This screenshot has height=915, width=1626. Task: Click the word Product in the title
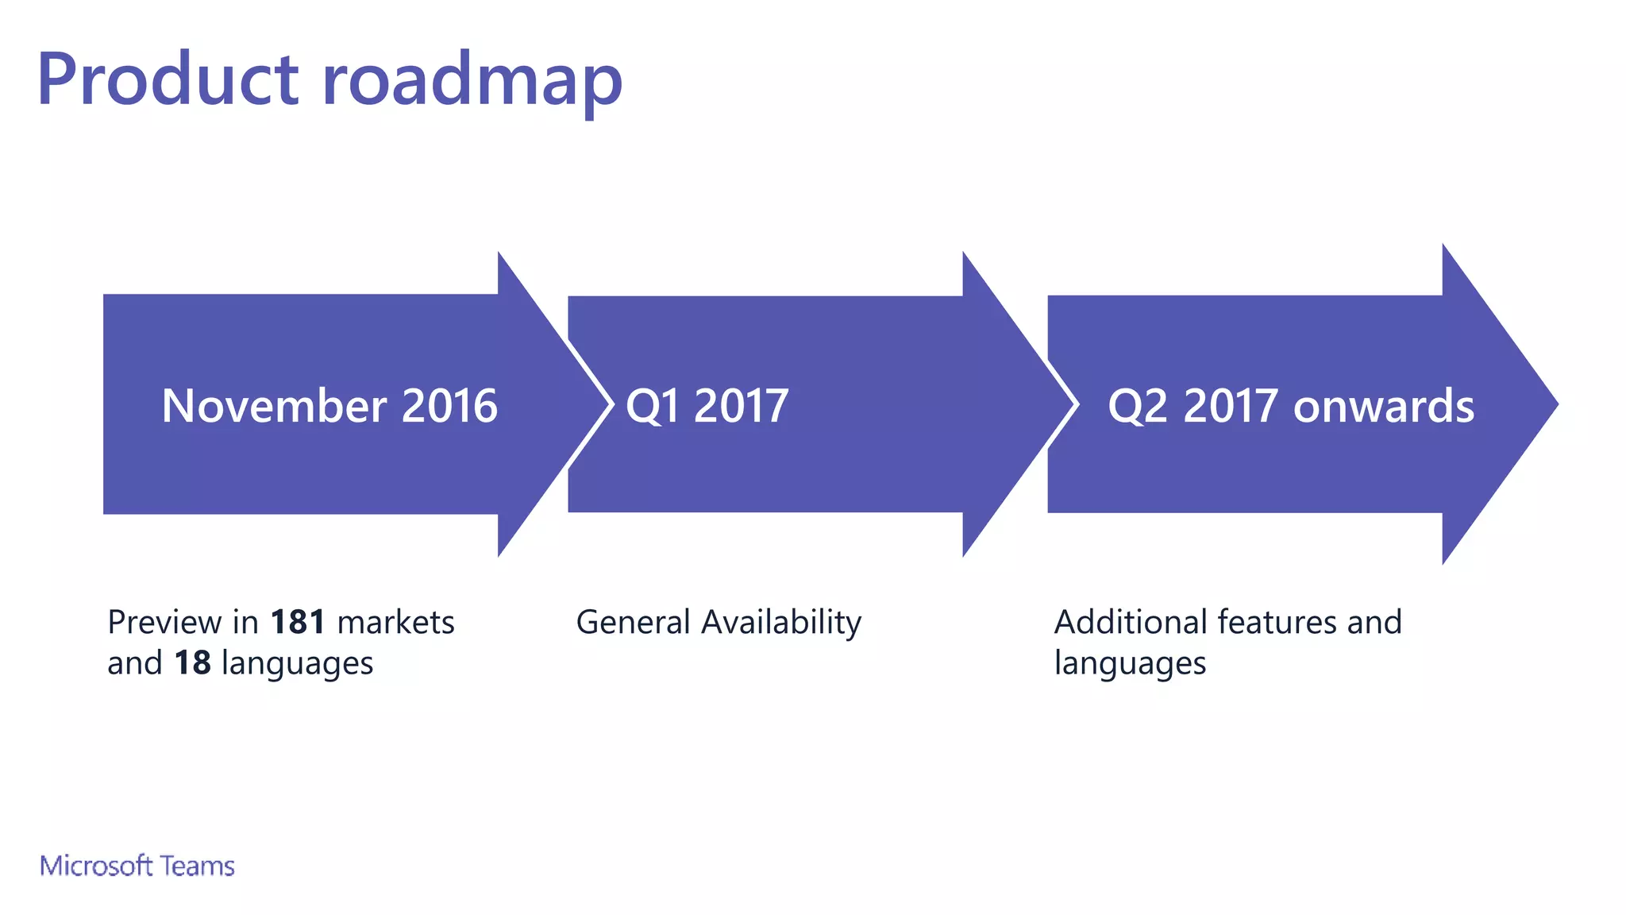point(168,79)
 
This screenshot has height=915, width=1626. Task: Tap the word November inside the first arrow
point(274,406)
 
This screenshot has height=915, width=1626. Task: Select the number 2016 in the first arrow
point(449,406)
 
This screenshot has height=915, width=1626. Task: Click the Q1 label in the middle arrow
point(653,406)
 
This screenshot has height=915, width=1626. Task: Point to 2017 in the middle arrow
point(741,406)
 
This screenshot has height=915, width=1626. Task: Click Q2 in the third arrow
point(1138,406)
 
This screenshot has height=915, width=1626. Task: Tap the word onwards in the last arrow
point(1383,406)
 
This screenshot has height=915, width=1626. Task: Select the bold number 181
point(298,622)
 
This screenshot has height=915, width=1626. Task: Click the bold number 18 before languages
point(192,663)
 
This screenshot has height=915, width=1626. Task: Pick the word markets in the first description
point(395,622)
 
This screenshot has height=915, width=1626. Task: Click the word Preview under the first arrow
point(164,622)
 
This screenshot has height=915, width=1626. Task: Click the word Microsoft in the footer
point(96,866)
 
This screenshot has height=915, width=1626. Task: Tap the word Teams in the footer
point(197,866)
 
